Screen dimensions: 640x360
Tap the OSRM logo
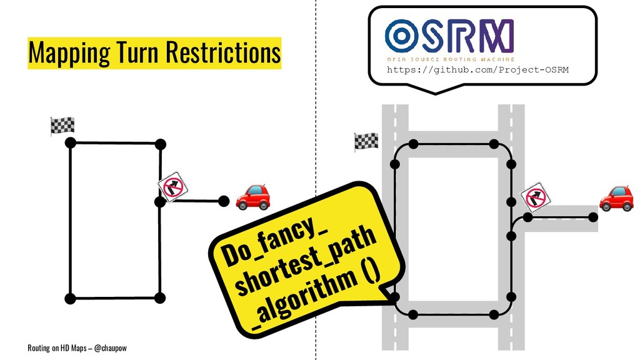[x=449, y=35]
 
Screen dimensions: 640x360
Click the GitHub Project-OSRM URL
[x=477, y=69]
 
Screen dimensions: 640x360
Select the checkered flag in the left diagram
[x=62, y=125]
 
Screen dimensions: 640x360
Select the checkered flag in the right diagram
[x=366, y=141]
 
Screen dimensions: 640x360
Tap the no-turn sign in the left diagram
[x=172, y=186]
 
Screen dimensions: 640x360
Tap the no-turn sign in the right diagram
[x=536, y=197]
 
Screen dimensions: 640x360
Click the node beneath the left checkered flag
[x=70, y=143]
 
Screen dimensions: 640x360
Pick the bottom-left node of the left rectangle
[x=70, y=298]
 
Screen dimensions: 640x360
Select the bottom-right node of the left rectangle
[x=160, y=297]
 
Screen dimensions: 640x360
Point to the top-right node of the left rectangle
[x=160, y=144]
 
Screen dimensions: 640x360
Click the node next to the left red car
[x=223, y=201]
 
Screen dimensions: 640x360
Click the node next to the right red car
[x=592, y=217]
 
